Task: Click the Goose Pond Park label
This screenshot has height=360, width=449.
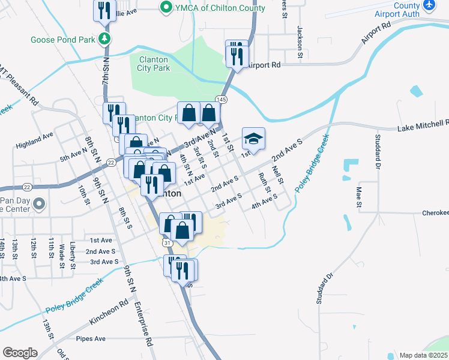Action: coord(63,40)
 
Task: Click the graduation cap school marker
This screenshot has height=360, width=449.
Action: coord(253,139)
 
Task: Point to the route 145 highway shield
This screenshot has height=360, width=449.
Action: coord(221,99)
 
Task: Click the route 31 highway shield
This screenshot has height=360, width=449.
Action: coord(167,242)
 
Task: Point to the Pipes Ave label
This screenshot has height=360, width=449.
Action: coord(91,338)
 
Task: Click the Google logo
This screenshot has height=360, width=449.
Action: coord(20,353)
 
